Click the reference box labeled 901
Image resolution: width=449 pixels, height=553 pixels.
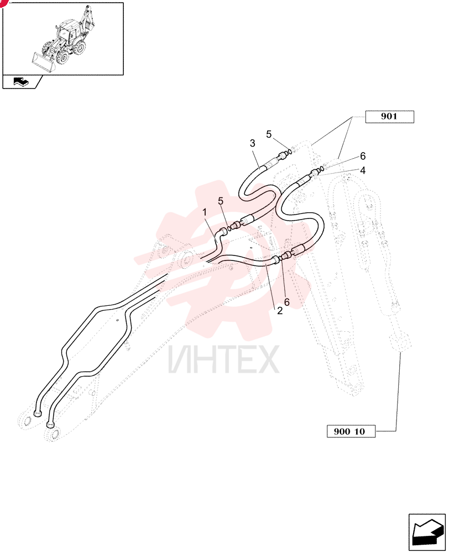click(389, 117)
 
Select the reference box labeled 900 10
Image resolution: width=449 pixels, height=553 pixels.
click(351, 431)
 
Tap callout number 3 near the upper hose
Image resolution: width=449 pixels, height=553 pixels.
click(253, 143)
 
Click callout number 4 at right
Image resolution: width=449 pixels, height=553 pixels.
click(363, 170)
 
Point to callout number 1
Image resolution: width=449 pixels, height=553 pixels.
click(204, 212)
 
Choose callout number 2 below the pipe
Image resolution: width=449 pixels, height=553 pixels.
click(280, 311)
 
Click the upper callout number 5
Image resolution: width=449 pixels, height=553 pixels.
click(269, 134)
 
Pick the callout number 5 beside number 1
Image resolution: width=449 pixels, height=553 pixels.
click(221, 201)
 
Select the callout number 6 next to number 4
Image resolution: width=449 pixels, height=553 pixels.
click(363, 156)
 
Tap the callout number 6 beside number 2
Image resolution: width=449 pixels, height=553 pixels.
click(287, 302)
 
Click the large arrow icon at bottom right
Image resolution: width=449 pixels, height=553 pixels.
click(427, 532)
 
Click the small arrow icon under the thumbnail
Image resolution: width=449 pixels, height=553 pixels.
click(22, 82)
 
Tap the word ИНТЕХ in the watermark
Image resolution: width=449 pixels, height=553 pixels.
click(223, 359)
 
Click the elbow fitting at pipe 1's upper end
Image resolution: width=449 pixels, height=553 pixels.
click(223, 232)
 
